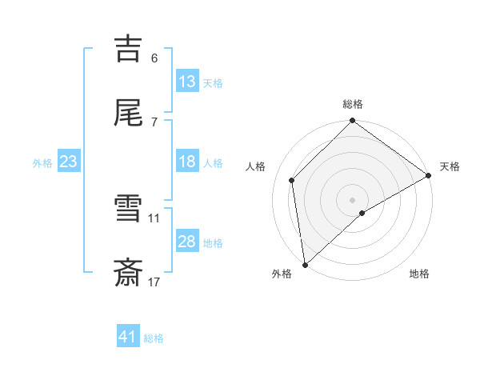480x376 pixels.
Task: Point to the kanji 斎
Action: coord(128,273)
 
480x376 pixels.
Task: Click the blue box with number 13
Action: coord(186,81)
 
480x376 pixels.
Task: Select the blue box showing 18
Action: coord(186,162)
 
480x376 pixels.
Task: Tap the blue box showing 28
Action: coord(186,242)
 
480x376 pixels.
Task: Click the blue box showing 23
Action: coord(69,162)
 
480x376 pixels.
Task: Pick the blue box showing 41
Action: coord(128,337)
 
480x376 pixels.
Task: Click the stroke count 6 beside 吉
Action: coord(154,58)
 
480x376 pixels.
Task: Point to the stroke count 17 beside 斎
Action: coord(154,282)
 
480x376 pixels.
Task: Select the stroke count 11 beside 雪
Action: coord(154,218)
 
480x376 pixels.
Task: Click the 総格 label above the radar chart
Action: coord(353,104)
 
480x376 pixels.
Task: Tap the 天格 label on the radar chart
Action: coord(450,166)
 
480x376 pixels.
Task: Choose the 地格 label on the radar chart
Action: coord(419,274)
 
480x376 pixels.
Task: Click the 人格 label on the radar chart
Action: coord(256,166)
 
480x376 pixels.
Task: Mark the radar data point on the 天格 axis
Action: coord(429,175)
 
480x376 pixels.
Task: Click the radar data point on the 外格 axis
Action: coord(305,265)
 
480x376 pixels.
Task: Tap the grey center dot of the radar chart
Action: coord(353,199)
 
